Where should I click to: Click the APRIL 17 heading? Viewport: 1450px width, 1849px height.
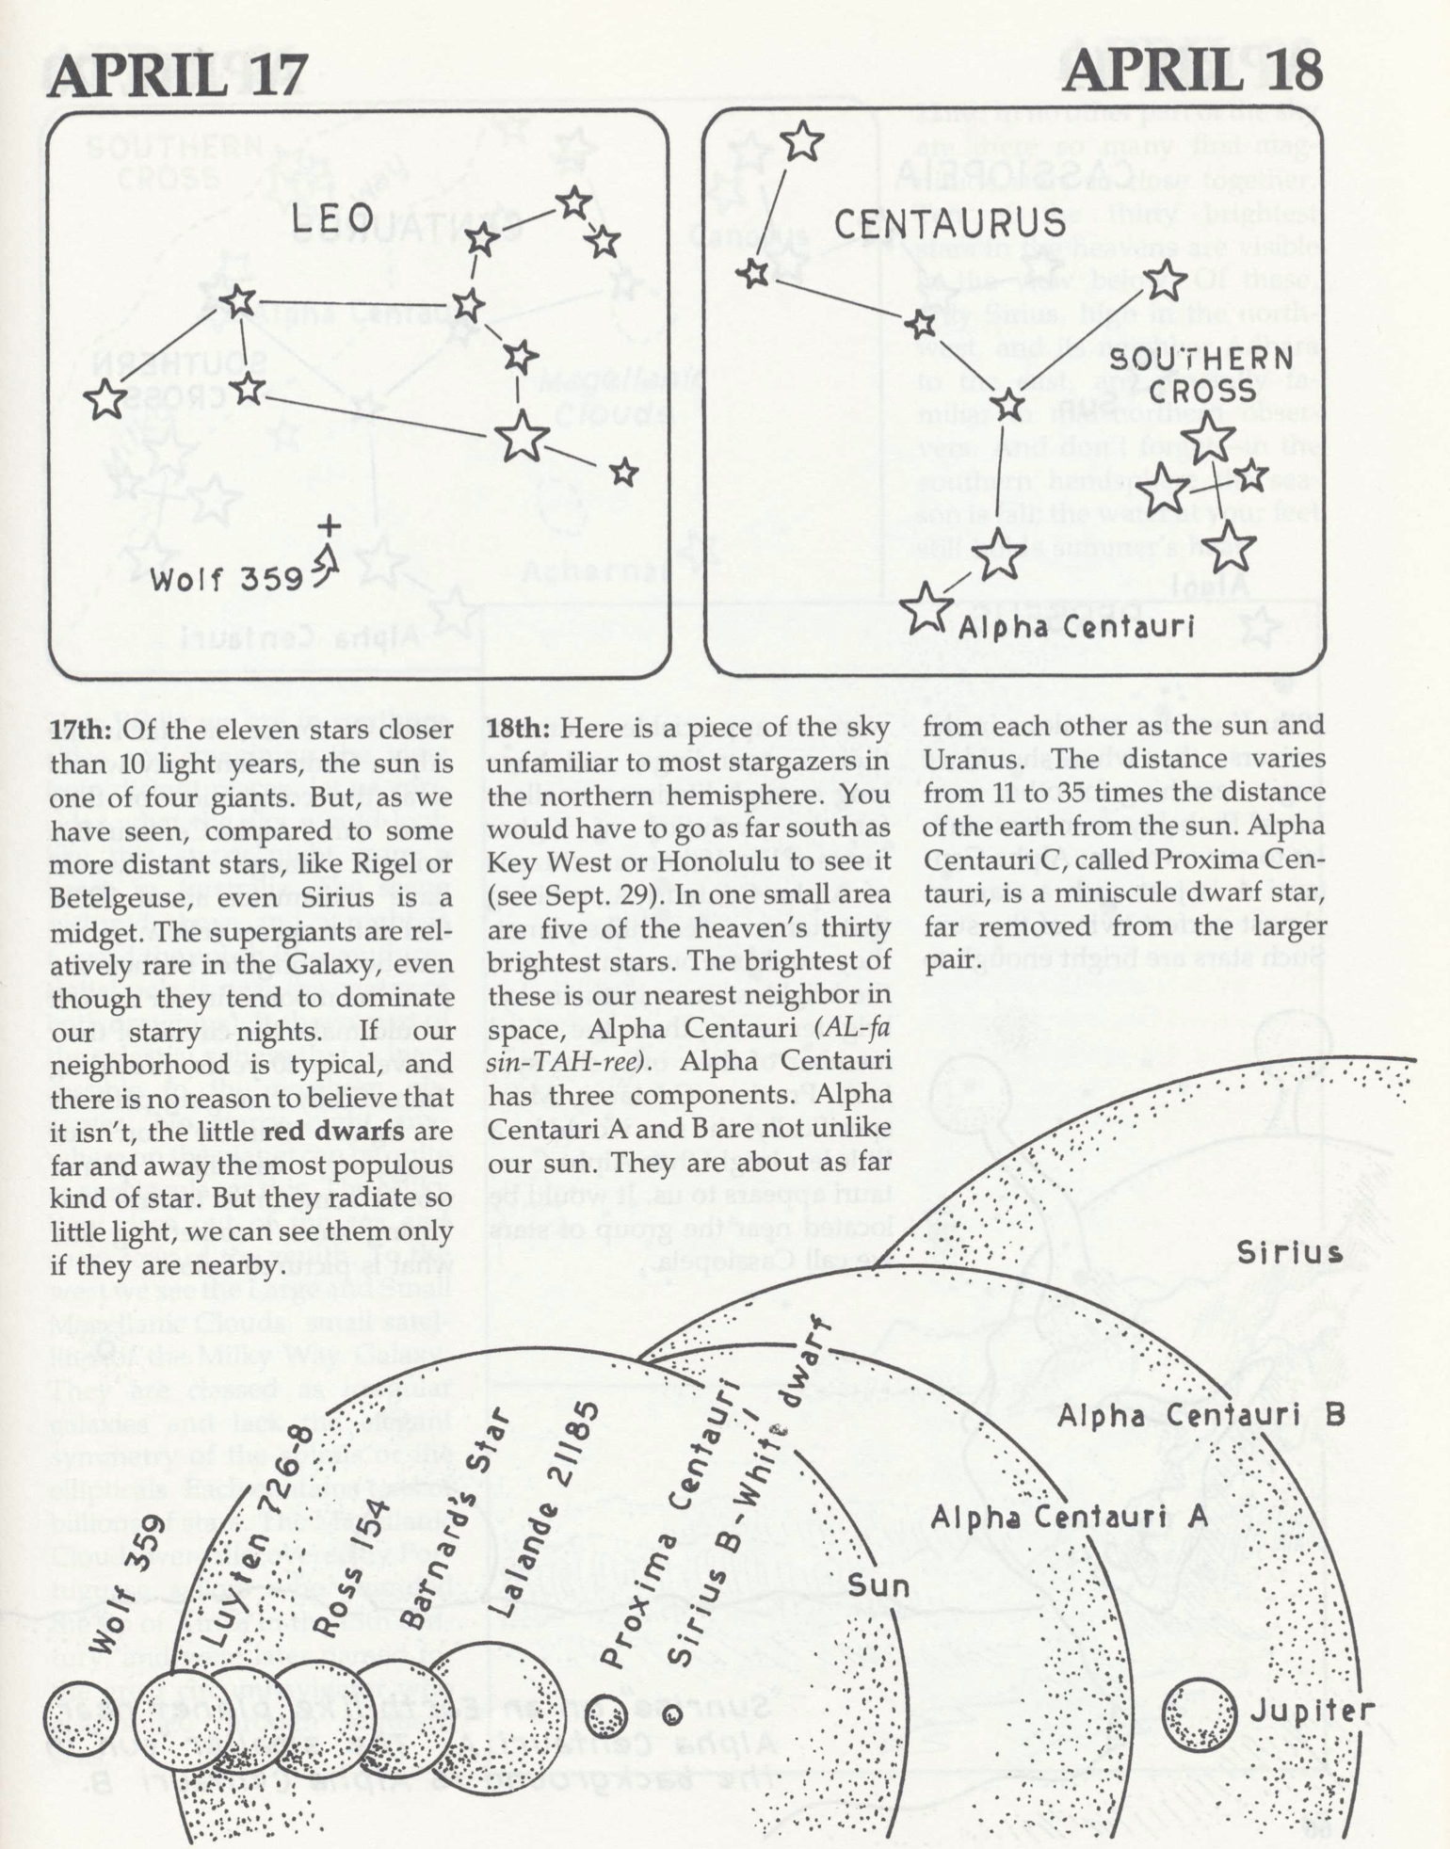177,73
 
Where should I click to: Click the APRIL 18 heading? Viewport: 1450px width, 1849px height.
1192,70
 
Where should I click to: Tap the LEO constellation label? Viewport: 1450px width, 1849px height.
332,220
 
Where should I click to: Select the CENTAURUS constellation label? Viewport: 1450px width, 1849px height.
949,224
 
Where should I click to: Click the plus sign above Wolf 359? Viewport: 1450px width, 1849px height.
329,526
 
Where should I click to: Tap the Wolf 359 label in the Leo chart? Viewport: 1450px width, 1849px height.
226,578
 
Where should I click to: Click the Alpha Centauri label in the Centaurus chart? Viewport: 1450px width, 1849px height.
1076,626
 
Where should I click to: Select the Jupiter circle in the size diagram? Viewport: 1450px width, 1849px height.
1199,1716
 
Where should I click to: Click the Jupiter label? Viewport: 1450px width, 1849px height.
1312,1711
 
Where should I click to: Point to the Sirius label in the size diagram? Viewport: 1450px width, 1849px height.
1289,1253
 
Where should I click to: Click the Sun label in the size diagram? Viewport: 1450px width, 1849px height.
878,1585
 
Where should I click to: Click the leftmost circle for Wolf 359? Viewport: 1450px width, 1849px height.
80,1720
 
